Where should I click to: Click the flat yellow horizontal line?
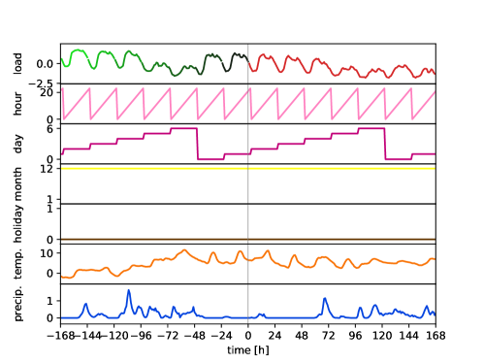click(x=145, y=168)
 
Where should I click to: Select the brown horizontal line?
click(x=145, y=239)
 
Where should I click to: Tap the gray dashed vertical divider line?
click(x=248, y=194)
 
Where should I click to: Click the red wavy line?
click(x=339, y=68)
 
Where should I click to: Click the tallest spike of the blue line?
click(x=128, y=290)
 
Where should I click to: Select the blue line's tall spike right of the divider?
click(x=324, y=298)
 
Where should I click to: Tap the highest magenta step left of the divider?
click(x=184, y=128)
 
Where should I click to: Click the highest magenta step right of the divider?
click(x=371, y=128)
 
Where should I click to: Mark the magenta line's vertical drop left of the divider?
click(x=198, y=144)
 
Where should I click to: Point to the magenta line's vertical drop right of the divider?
click(x=385, y=144)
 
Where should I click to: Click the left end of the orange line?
click(x=62, y=277)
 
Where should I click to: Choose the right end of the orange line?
click(x=434, y=259)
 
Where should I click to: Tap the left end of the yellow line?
click(x=62, y=168)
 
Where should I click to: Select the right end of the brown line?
click(x=434, y=239)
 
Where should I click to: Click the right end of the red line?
click(x=434, y=72)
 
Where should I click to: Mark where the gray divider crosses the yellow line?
click(x=248, y=168)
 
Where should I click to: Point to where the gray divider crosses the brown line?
click(x=248, y=239)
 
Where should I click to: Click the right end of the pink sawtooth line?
click(x=434, y=92)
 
